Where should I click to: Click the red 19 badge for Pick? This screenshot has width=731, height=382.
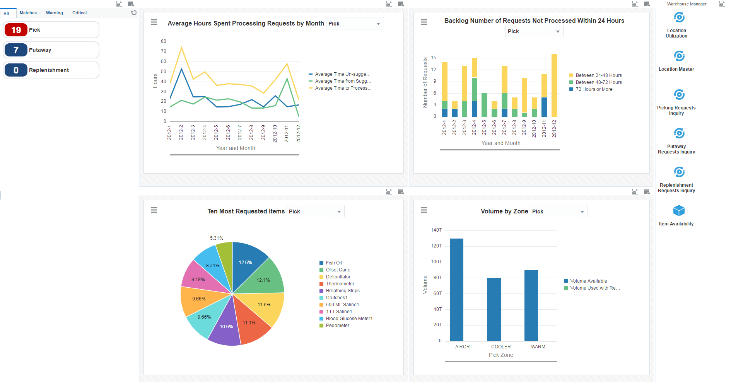pyautogui.click(x=16, y=30)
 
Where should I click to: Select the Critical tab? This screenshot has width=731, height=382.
pyautogui.click(x=79, y=13)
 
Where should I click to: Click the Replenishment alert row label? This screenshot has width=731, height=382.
pyautogui.click(x=49, y=70)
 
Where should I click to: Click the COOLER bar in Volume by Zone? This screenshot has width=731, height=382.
pyautogui.click(x=494, y=309)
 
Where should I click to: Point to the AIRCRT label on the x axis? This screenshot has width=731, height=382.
pyautogui.click(x=463, y=347)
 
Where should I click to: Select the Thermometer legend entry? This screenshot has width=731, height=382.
pyautogui.click(x=340, y=284)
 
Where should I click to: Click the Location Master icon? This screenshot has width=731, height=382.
pyautogui.click(x=679, y=56)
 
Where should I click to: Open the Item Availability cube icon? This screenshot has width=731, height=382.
pyautogui.click(x=679, y=211)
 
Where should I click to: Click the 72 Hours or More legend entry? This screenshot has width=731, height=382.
pyautogui.click(x=594, y=89)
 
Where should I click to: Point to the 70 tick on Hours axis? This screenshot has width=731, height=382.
pyautogui.click(x=163, y=51)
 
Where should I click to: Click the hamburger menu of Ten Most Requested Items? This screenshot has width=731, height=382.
pyautogui.click(x=154, y=210)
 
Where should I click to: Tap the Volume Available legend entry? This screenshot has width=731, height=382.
pyautogui.click(x=588, y=281)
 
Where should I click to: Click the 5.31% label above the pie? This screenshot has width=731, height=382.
pyautogui.click(x=217, y=238)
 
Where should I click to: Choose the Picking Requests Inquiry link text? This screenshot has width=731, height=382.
pyautogui.click(x=676, y=111)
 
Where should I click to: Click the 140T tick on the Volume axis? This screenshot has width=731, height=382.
pyautogui.click(x=436, y=230)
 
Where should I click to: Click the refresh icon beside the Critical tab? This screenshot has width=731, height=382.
pyautogui.click(x=133, y=13)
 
